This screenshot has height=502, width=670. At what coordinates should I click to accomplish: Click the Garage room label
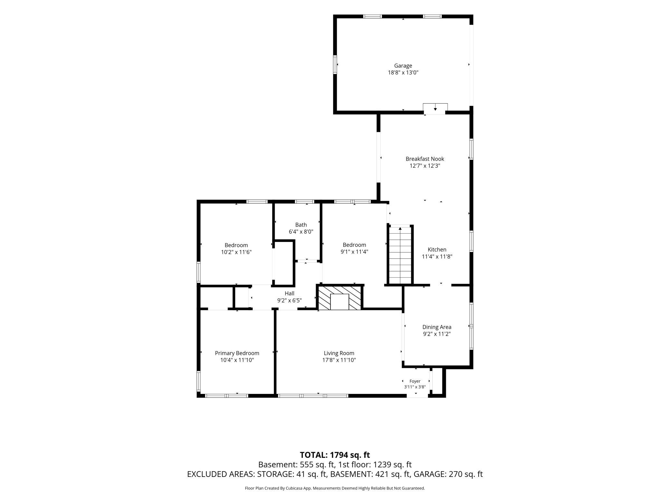click(x=403, y=66)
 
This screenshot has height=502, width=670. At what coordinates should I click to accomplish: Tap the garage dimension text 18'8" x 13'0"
click(x=403, y=73)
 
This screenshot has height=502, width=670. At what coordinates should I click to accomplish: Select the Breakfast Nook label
click(x=425, y=159)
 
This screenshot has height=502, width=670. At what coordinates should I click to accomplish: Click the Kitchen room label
click(x=437, y=249)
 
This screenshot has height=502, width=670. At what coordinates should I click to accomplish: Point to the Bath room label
click(x=301, y=225)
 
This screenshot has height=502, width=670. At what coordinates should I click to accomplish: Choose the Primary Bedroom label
click(x=237, y=353)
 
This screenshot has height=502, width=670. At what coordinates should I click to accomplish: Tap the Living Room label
click(x=339, y=353)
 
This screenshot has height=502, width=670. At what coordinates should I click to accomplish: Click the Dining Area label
click(x=437, y=327)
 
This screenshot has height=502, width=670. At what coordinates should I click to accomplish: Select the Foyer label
click(x=415, y=381)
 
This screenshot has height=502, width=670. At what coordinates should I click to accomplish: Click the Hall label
click(x=290, y=293)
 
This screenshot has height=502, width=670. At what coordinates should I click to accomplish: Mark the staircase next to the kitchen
click(x=400, y=255)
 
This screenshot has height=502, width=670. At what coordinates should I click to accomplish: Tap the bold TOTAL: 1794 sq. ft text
click(x=335, y=455)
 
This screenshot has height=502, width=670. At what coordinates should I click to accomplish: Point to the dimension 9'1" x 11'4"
click(x=354, y=252)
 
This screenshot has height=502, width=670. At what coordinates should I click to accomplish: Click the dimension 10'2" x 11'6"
click(x=236, y=252)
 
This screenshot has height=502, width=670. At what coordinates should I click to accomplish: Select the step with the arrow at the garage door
click(x=435, y=109)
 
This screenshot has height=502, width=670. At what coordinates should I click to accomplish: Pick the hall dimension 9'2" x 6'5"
click(x=290, y=301)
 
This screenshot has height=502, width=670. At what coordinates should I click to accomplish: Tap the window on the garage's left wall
click(x=335, y=65)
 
